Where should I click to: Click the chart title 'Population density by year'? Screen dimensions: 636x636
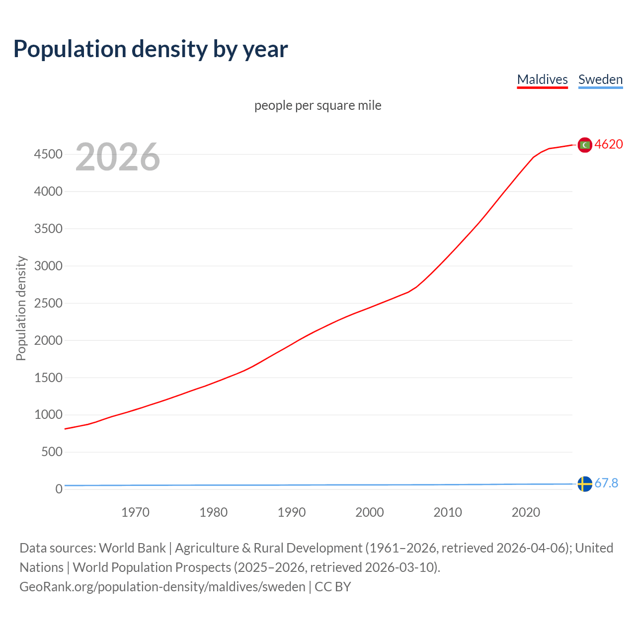click(151, 49)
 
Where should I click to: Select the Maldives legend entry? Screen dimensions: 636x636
click(542, 79)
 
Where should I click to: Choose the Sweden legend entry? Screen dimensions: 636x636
click(600, 79)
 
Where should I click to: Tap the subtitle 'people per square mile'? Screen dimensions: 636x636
click(318, 105)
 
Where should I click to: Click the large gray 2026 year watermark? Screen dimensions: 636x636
click(118, 157)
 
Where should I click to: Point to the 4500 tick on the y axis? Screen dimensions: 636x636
click(48, 154)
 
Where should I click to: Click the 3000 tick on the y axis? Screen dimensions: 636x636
click(48, 266)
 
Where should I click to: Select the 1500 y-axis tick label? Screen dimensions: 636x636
click(48, 378)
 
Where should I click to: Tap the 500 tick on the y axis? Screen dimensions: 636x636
click(52, 452)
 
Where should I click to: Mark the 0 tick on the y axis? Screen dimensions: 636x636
click(59, 489)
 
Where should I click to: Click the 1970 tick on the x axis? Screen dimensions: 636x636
click(135, 512)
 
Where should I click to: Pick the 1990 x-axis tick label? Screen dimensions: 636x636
click(292, 512)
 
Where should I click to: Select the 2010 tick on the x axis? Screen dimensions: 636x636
click(448, 512)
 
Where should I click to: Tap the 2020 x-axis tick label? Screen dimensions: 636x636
click(526, 512)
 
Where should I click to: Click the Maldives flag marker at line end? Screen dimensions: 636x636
click(585, 145)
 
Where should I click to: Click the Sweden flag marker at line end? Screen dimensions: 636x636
click(585, 483)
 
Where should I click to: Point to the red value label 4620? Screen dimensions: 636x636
click(609, 144)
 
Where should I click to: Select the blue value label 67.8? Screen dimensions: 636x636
click(606, 483)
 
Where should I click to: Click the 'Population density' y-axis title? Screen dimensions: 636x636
click(21, 308)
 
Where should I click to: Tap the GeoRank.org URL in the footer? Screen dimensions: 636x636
click(162, 587)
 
